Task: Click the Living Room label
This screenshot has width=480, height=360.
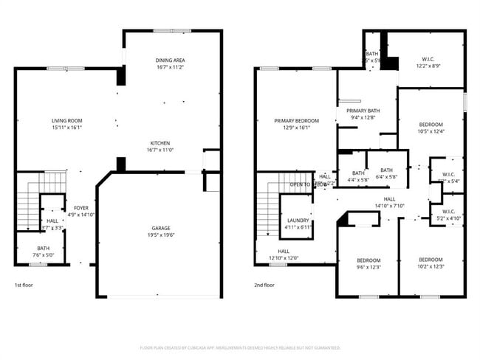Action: coord(66,120)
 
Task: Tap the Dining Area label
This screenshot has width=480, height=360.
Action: coord(169,60)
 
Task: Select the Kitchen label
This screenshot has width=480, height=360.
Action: coord(160,142)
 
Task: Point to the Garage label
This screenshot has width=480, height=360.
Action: coord(160,229)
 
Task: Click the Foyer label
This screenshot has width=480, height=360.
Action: coord(81,208)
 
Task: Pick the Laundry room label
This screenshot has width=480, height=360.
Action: coord(298,220)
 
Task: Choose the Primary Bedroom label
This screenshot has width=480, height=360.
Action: coord(296,120)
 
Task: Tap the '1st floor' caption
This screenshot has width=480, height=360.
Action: coord(24,285)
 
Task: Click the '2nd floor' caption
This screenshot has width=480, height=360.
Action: coord(264,285)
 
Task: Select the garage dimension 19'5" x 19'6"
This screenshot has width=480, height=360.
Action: coord(160,235)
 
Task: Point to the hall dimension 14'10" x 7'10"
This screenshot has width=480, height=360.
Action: coord(390,206)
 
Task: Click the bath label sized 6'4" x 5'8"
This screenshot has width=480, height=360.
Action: coord(386,173)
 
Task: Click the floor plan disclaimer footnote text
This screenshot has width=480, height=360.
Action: coord(240,347)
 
